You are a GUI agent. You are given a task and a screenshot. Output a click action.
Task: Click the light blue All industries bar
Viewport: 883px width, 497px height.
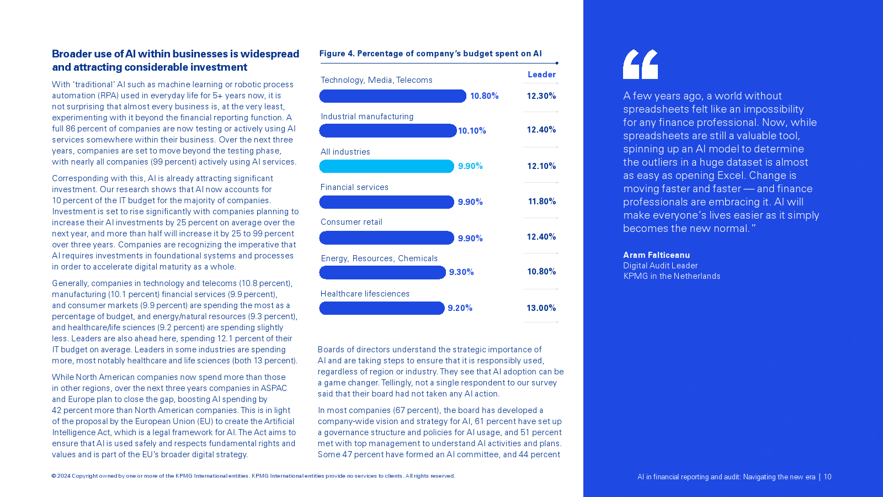[386, 166]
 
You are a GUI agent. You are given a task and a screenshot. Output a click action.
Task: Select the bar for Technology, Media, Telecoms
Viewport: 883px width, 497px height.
[392, 96]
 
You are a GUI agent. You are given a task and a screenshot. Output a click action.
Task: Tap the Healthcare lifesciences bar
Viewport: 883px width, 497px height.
[381, 308]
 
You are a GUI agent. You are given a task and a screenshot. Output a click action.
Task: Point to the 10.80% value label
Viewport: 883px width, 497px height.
[484, 96]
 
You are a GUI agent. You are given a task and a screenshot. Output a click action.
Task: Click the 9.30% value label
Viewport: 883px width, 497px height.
[461, 272]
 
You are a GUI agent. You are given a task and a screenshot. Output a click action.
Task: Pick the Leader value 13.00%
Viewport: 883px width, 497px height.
[541, 308]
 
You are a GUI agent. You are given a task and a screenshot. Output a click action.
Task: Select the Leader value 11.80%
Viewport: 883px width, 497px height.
[541, 202]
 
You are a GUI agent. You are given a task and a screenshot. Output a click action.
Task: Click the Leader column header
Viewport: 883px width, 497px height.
[541, 75]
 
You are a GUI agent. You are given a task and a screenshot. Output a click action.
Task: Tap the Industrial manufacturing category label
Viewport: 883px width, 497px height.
[367, 117]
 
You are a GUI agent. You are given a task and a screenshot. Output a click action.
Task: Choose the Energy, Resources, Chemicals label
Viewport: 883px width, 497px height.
[379, 258]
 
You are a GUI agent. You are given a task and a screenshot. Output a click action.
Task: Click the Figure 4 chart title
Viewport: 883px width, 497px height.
[430, 54]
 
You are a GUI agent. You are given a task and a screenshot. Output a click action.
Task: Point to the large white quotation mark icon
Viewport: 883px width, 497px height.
[640, 64]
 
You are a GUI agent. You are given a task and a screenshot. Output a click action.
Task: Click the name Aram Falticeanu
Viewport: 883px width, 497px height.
[656, 255]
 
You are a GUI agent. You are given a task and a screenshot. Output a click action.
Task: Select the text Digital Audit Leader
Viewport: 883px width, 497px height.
[660, 266]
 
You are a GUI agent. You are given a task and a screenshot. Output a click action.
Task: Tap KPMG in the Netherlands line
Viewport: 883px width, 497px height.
[672, 276]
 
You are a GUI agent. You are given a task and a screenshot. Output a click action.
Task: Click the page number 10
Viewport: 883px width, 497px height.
[827, 477]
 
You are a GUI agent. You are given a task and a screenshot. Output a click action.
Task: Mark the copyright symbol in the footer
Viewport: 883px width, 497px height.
[54, 476]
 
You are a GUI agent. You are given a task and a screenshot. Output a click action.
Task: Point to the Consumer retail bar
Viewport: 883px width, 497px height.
[386, 238]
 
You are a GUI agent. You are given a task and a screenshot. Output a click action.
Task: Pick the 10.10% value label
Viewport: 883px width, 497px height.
[472, 131]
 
